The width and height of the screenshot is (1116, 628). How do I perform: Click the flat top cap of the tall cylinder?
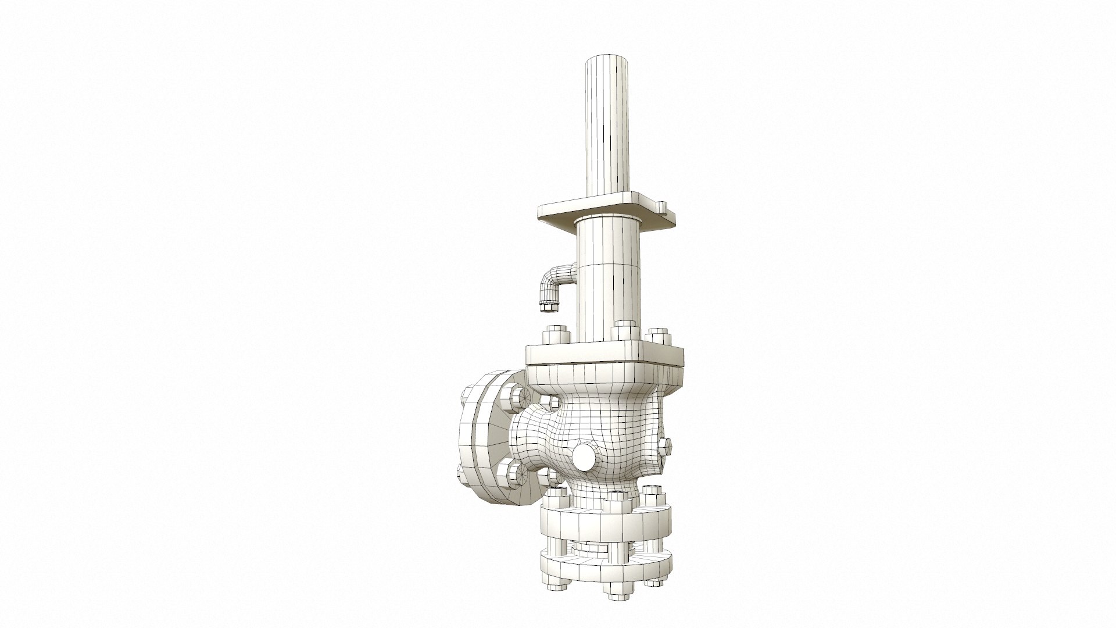coord(607,60)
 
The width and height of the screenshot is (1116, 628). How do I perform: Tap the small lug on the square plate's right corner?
coord(663,206)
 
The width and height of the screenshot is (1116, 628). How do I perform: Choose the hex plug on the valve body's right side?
coord(666,447)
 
